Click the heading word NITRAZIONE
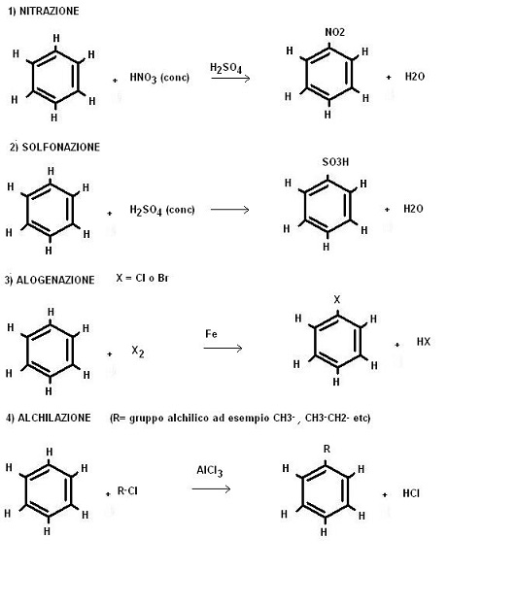(x=49, y=11)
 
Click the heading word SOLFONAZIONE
(x=61, y=147)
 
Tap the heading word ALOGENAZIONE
(x=55, y=280)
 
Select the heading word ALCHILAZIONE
(x=54, y=418)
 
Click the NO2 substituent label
(x=334, y=32)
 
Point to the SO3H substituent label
(x=335, y=162)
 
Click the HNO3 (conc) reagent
(x=159, y=78)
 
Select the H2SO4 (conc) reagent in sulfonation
(x=162, y=211)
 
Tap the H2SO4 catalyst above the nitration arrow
(x=225, y=68)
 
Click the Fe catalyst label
(x=211, y=334)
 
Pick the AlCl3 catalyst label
(x=210, y=471)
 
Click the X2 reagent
(x=138, y=352)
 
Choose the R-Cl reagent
(x=127, y=491)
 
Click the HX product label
(x=423, y=342)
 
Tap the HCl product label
(x=411, y=493)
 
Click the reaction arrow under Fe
(x=223, y=348)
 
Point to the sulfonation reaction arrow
(x=229, y=210)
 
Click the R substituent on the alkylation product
(x=327, y=449)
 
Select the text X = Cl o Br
(x=142, y=278)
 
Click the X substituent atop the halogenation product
(x=337, y=299)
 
